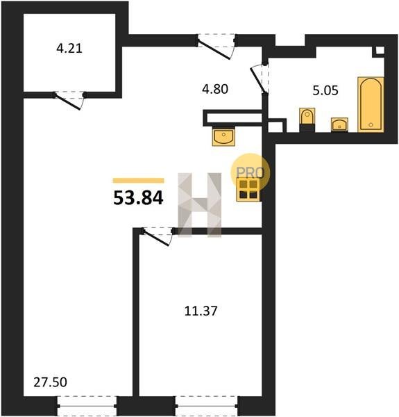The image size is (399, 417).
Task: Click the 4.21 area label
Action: click(69, 49)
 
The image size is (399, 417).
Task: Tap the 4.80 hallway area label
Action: click(215, 89)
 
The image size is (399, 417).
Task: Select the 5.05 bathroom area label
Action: click(325, 90)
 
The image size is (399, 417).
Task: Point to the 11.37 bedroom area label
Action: click(201, 311)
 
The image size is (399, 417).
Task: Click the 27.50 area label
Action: click(50, 382)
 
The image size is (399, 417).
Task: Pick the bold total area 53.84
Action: click(138, 198)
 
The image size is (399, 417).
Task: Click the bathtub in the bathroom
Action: click(371, 104)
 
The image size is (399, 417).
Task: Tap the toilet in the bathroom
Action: click(307, 120)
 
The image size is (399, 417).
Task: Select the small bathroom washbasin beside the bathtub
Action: click(339, 124)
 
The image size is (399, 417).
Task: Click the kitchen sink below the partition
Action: click(223, 136)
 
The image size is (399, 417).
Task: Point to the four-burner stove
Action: click(248, 189)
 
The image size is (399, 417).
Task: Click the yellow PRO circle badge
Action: click(250, 172)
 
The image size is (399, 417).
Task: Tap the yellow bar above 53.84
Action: click(138, 181)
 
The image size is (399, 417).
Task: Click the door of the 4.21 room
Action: click(69, 101)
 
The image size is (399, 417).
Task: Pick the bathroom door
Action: click(259, 79)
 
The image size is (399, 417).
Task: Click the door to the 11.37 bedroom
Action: click(157, 237)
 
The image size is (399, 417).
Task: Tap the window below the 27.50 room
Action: click(87, 406)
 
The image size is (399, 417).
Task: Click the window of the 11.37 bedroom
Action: click(206, 406)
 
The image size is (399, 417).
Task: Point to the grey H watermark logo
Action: click(200, 205)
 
